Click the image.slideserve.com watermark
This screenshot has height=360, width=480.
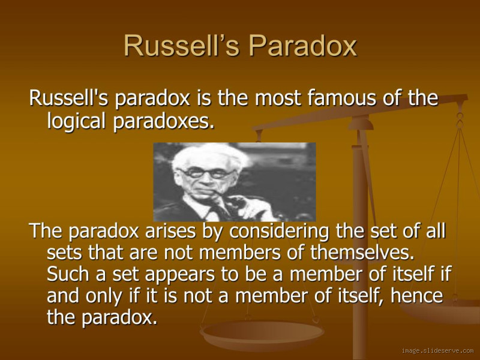[437, 350]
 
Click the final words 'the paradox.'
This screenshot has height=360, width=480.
[102, 317]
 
